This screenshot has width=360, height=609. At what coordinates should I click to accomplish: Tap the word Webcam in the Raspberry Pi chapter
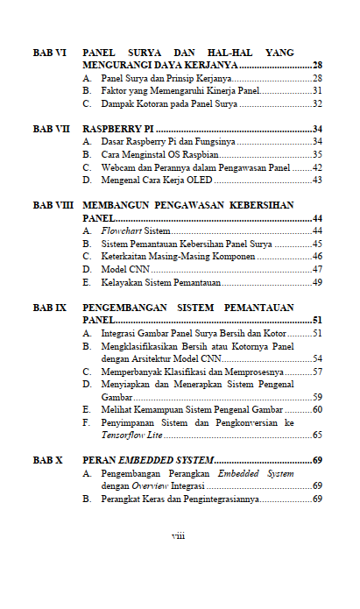point(116,167)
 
